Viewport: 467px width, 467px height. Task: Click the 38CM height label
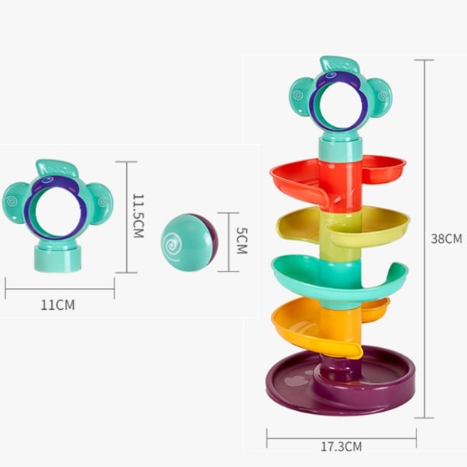tap(446, 239)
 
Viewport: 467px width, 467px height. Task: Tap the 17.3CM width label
tap(342, 447)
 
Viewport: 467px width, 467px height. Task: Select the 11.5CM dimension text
tap(139, 216)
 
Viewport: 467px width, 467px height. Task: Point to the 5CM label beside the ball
tap(241, 241)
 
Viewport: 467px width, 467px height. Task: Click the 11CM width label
tap(58, 305)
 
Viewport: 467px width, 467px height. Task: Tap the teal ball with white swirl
tap(189, 242)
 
